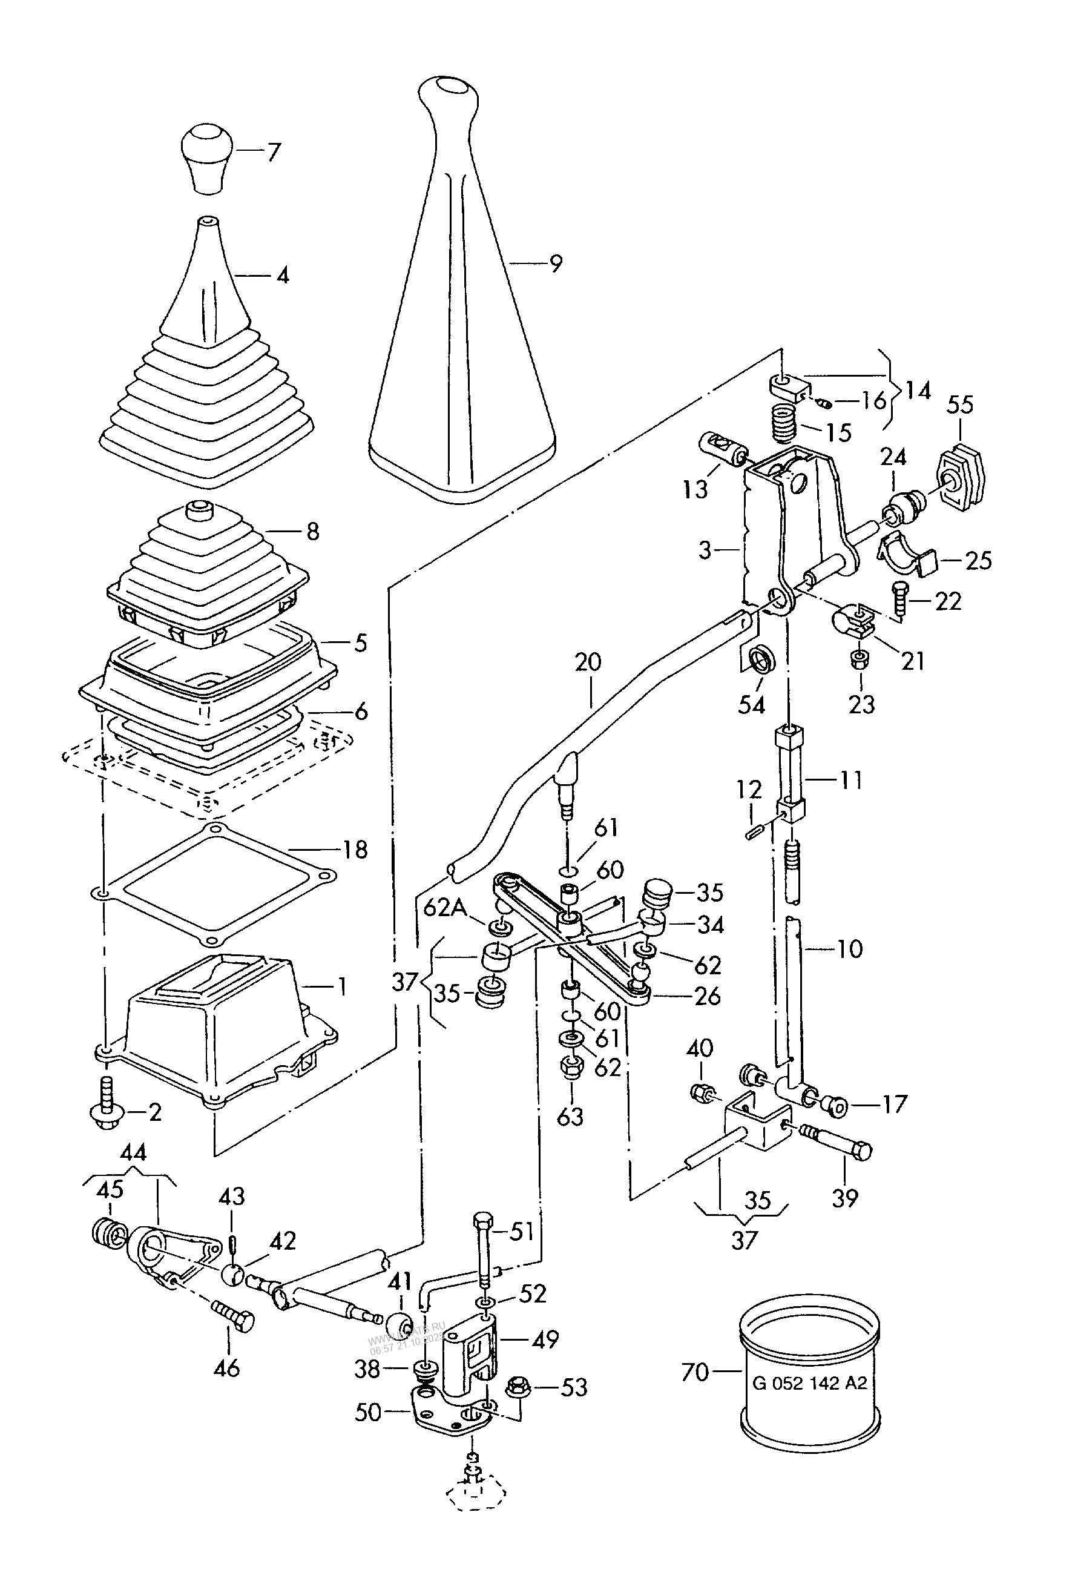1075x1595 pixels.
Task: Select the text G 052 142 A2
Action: coord(810,1383)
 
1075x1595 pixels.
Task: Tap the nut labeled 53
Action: coord(515,1388)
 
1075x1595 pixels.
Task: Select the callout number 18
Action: coord(355,850)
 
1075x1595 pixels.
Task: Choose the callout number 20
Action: coord(588,663)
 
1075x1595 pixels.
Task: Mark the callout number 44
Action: coord(133,1152)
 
